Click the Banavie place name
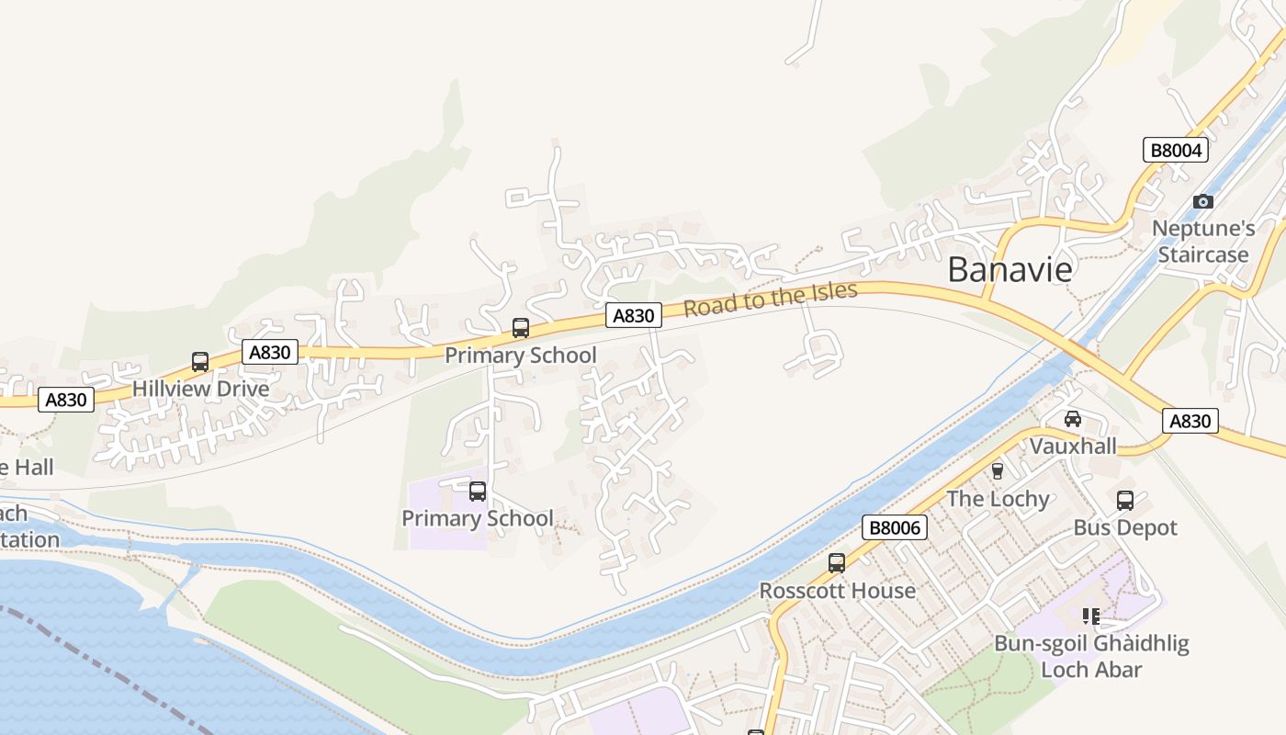click(x=1010, y=269)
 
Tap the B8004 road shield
click(x=1175, y=150)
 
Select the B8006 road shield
click(x=895, y=527)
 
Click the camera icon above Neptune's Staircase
click(x=1202, y=201)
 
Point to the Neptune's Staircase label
click(x=1203, y=242)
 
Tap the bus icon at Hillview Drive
click(x=200, y=362)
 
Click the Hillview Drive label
click(x=201, y=389)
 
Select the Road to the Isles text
click(x=770, y=300)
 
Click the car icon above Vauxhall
click(x=1072, y=419)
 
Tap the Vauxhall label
click(x=1072, y=447)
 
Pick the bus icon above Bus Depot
click(x=1125, y=501)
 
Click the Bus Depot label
click(x=1125, y=528)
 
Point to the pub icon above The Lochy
click(x=998, y=471)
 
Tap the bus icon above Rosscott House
click(x=836, y=563)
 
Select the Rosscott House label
click(x=837, y=591)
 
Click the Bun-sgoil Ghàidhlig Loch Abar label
click(x=1091, y=656)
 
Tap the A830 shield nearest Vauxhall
click(x=1190, y=421)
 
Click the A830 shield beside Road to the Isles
click(x=633, y=316)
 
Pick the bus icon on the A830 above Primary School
click(x=520, y=328)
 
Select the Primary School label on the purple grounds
click(x=477, y=518)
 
